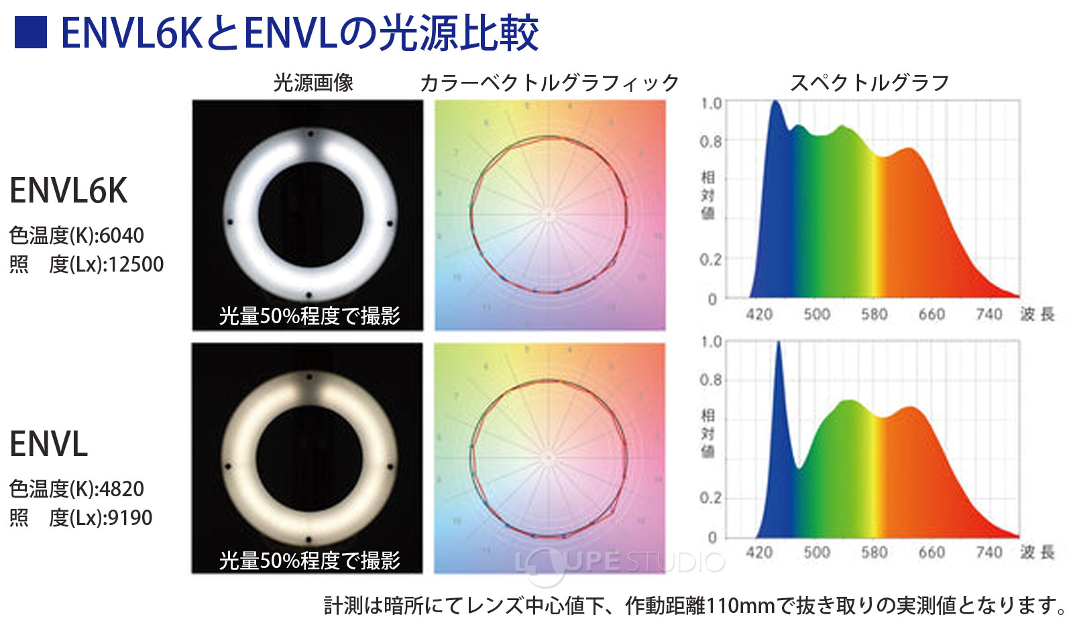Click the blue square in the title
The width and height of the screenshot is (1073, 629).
[30, 32]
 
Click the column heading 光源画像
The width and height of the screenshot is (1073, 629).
[313, 83]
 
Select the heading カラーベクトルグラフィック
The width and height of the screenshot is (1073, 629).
[549, 83]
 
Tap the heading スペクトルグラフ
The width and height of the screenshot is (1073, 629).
[869, 83]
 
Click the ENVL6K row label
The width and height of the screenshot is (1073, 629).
[68, 191]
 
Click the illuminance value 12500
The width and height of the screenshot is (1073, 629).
[135, 264]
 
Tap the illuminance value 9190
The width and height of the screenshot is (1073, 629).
[130, 518]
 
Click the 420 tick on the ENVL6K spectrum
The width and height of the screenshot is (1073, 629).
[759, 314]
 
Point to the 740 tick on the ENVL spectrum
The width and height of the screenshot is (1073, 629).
[989, 552]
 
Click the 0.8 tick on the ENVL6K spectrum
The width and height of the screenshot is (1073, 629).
[711, 142]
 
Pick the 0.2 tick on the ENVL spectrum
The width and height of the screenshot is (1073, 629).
[711, 498]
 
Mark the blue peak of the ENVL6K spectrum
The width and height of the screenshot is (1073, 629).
[776, 103]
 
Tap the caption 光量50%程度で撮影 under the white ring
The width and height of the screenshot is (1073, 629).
[309, 315]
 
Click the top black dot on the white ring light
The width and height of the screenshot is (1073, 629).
[310, 134]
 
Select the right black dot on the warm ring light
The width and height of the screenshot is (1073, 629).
[390, 466]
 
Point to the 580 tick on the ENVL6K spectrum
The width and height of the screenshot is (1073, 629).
[874, 314]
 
